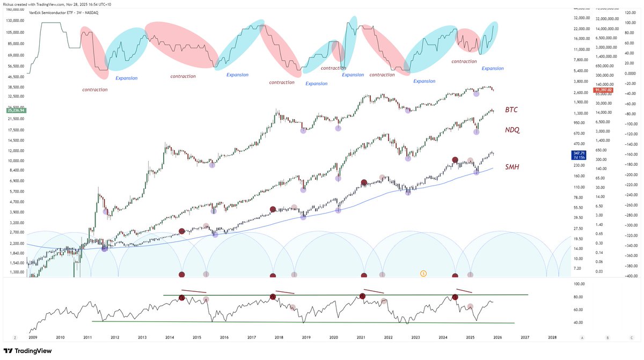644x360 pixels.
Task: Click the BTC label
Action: (511, 110)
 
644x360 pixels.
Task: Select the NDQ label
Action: (513, 130)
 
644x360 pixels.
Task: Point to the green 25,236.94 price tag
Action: (16, 111)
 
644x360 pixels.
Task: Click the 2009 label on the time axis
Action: (32, 337)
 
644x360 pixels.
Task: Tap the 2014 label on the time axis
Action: (169, 337)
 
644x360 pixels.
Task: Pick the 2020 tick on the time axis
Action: (333, 337)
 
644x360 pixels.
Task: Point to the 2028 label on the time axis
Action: (552, 337)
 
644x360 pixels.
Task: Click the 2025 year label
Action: (470, 337)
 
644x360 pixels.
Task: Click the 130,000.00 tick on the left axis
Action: (16, 20)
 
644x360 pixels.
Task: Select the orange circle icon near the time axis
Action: (423, 274)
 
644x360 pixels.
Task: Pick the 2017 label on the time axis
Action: (251, 337)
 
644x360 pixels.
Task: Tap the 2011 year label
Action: (87, 337)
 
